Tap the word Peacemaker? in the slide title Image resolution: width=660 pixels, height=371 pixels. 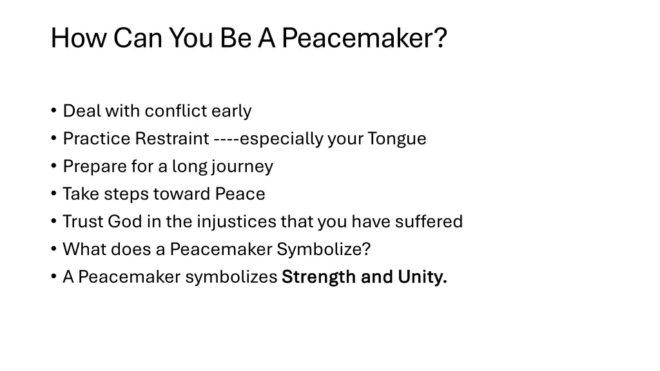[364, 38]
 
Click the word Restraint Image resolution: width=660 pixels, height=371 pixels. [172, 139]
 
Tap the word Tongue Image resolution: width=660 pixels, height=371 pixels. [397, 139]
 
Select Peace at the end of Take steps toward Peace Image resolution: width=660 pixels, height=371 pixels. [240, 195]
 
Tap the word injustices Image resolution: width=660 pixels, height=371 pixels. [237, 222]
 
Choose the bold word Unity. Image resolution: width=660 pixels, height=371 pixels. [422, 278]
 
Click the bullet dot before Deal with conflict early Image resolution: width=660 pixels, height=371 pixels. [54, 111]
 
